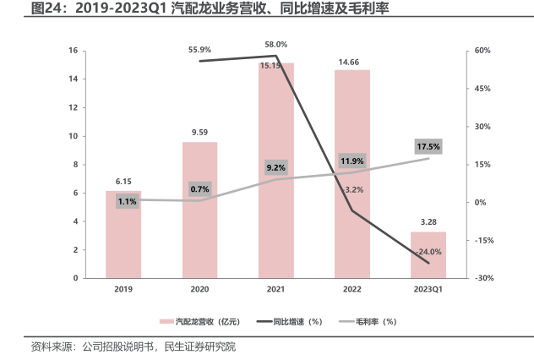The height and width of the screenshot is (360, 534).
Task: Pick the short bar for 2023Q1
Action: pos(428,255)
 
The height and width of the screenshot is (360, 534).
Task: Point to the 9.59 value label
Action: pos(200,133)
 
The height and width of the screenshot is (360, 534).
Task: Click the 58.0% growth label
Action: pos(276,45)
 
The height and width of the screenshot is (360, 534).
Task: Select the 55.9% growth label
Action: pos(200,50)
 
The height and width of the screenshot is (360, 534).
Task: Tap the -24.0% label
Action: pos(428,252)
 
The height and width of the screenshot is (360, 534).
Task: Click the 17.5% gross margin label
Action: pos(428,147)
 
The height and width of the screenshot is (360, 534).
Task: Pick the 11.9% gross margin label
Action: pos(351,161)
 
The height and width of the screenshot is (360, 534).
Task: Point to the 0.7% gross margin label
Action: pos(200,188)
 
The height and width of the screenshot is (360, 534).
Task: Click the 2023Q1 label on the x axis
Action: pos(428,290)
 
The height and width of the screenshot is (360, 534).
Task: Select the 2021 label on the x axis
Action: pos(276,290)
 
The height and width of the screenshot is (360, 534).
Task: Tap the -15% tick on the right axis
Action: pos(482,240)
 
